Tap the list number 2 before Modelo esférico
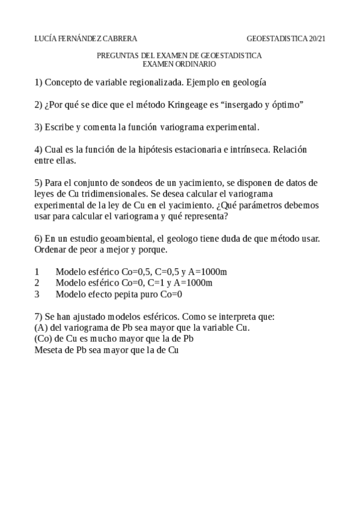pyautogui.click(x=37, y=283)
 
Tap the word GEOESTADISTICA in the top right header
pyautogui.click(x=278, y=38)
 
